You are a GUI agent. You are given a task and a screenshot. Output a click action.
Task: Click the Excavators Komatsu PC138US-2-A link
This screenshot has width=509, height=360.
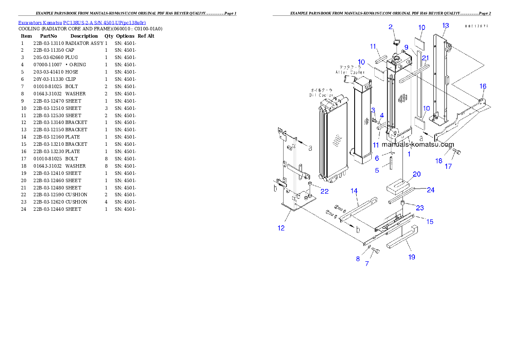point(82,23)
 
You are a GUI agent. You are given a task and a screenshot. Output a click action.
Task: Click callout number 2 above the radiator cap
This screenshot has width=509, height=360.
point(391,27)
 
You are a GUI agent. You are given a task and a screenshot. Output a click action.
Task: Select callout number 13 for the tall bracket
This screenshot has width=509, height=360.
point(445,26)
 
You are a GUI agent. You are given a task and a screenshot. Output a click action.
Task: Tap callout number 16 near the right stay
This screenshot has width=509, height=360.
point(482,86)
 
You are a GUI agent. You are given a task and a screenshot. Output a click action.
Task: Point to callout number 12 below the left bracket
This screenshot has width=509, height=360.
point(281,228)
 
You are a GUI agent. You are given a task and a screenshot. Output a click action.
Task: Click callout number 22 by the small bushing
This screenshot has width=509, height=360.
point(324,191)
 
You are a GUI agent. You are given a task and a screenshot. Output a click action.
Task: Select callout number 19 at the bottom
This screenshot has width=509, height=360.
point(411,257)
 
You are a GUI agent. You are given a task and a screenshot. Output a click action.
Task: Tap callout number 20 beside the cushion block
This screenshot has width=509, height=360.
point(416,174)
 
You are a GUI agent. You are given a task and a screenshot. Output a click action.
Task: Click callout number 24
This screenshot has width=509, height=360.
point(430,190)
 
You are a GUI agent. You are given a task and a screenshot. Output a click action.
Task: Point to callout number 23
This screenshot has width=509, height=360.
point(420,208)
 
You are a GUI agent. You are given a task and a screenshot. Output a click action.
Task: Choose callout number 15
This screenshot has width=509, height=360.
point(429,221)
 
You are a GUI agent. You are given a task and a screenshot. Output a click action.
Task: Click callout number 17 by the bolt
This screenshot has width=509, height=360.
point(448,167)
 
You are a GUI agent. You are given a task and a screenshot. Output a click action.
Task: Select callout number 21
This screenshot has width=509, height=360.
point(425,58)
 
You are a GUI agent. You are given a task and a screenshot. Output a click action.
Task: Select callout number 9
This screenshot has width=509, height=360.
point(406,47)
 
